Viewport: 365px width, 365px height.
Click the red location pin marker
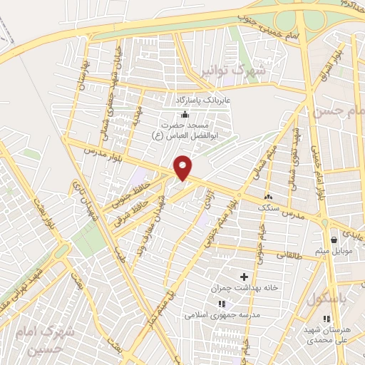pos(184,167)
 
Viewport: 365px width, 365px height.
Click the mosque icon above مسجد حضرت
pos(185,114)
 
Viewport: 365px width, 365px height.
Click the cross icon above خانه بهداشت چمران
pos(244,276)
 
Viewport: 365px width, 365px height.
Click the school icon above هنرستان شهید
pos(326,319)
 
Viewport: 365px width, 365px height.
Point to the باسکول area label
pos(327,300)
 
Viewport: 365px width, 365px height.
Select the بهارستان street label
pos(83,86)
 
